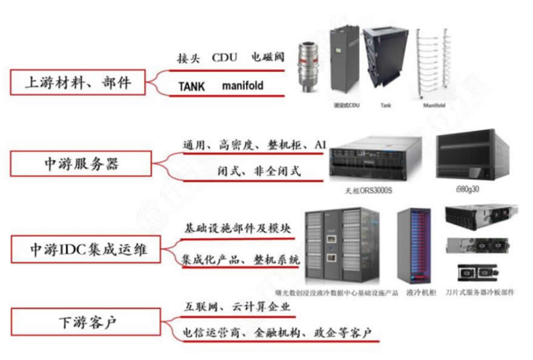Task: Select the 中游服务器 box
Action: tap(82, 164)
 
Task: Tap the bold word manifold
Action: tap(242, 86)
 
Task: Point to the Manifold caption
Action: tap(434, 105)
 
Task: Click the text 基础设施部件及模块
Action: tap(238, 229)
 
